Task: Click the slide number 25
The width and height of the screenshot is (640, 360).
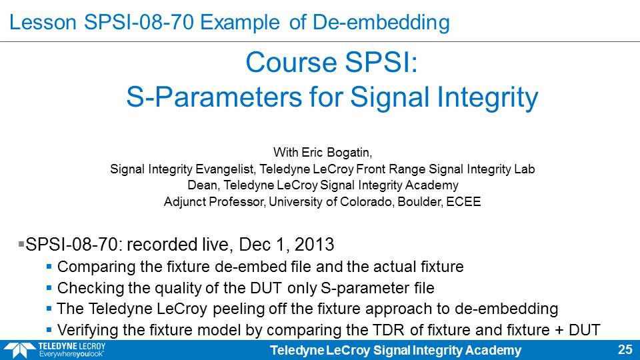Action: pyautogui.click(x=625, y=350)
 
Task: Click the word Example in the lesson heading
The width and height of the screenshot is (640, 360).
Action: pyautogui.click(x=240, y=22)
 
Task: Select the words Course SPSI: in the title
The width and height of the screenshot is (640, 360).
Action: pyautogui.click(x=332, y=63)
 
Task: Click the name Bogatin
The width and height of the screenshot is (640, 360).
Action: pyautogui.click(x=351, y=153)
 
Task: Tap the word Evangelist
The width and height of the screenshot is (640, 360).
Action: pyautogui.click(x=225, y=169)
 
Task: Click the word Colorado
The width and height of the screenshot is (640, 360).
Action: pyautogui.click(x=366, y=201)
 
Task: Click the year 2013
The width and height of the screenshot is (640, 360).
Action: pyautogui.click(x=314, y=245)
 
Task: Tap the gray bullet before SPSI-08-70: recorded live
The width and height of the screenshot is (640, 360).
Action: pyautogui.click(x=21, y=244)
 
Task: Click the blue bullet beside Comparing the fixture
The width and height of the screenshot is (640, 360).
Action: pyautogui.click(x=49, y=267)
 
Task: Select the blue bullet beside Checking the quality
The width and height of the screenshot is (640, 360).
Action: pyautogui.click(x=49, y=288)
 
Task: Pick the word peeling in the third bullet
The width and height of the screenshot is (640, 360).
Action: pyautogui.click(x=239, y=309)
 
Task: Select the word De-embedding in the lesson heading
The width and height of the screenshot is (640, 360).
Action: pyautogui.click(x=381, y=23)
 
